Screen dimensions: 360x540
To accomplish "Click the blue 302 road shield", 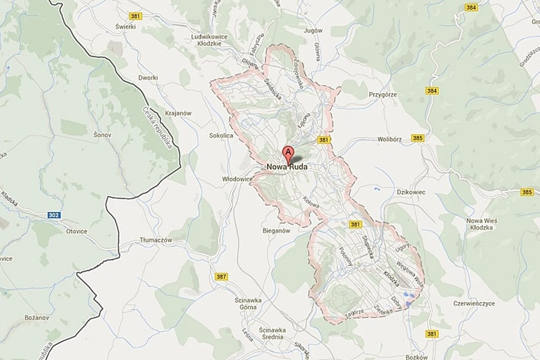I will [53, 215].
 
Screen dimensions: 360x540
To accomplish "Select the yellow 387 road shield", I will [221, 277].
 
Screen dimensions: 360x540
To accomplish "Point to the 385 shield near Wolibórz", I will [417, 138].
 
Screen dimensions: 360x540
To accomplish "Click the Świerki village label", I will [125, 26].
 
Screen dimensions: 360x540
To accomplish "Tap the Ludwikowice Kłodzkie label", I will [209, 40].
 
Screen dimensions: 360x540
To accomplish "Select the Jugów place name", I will [313, 30].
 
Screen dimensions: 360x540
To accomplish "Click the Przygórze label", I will [383, 95].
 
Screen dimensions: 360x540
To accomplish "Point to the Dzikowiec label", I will [411, 192].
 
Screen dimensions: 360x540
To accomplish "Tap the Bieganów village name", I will [276, 231].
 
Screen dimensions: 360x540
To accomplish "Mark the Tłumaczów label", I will [156, 240].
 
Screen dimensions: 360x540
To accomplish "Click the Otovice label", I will [77, 232].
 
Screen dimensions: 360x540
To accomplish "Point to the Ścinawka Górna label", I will [245, 304].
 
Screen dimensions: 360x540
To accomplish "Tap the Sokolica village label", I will [221, 135].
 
